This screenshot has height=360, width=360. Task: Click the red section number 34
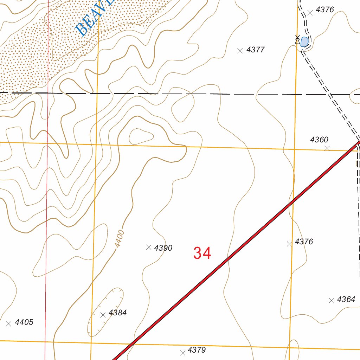202,253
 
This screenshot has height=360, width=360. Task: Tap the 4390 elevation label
163,248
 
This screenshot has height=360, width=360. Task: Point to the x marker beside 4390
149,247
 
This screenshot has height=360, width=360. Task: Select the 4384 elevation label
117,313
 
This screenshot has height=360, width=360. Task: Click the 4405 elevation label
24,322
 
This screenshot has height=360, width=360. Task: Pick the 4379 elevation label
197,350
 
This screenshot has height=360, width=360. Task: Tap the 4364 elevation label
346,300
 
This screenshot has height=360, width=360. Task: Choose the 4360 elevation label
319,140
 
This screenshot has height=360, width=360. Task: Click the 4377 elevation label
255,50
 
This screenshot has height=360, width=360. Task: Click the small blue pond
304,41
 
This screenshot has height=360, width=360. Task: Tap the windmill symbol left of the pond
297,40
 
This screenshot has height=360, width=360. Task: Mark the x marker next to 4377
240,51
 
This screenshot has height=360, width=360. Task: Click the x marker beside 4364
331,301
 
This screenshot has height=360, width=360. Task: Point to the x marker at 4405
9,323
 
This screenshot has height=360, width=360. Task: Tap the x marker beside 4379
182,353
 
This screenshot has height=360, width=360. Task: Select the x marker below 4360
327,148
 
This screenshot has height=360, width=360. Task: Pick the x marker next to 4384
103,315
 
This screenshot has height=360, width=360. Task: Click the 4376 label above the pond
324,10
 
